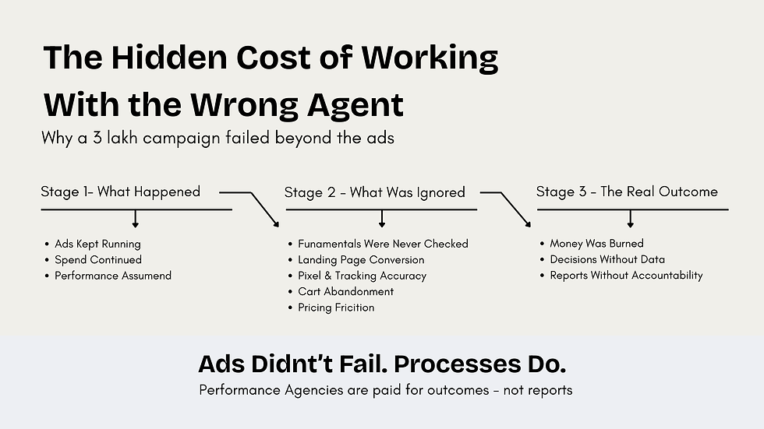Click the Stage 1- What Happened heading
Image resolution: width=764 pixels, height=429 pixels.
120,192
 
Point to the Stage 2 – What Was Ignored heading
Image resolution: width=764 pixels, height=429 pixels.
374,192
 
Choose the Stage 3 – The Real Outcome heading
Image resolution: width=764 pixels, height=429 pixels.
627,192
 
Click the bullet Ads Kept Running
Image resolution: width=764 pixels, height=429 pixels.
97,244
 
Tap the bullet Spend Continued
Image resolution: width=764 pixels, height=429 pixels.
98,259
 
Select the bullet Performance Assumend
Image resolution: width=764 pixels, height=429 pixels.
113,276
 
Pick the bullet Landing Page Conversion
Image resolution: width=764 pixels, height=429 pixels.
361,260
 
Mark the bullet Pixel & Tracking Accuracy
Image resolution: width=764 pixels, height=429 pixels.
362,276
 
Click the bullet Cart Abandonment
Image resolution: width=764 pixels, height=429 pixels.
345,291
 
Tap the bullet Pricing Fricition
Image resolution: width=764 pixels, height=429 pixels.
336,308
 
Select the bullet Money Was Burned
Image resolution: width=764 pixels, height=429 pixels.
596,244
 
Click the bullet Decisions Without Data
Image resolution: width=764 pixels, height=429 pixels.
607,259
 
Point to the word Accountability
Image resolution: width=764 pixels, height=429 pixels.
664,276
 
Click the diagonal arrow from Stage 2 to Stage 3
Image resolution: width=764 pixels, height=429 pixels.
515,209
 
